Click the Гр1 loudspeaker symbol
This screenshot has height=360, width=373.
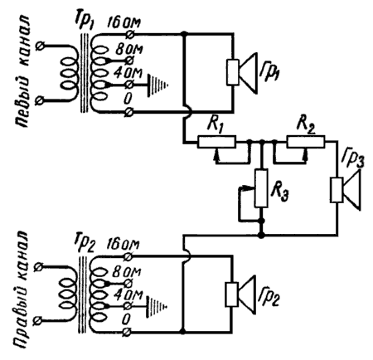(x=241, y=72)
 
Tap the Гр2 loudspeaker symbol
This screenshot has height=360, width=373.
(x=240, y=294)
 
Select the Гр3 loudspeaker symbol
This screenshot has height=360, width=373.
(x=346, y=190)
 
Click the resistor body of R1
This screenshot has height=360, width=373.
(x=216, y=142)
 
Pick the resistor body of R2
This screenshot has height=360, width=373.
(x=306, y=142)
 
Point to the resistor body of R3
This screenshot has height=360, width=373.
(x=261, y=188)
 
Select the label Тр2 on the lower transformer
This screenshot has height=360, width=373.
(x=84, y=244)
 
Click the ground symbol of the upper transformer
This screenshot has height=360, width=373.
(x=158, y=85)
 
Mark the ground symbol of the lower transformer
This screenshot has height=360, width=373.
(x=157, y=306)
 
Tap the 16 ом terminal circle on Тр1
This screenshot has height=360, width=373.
(x=129, y=34)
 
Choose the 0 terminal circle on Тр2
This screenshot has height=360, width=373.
(x=127, y=331)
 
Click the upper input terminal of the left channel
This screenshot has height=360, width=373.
(x=41, y=46)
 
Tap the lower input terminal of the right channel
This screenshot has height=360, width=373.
(x=38, y=321)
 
